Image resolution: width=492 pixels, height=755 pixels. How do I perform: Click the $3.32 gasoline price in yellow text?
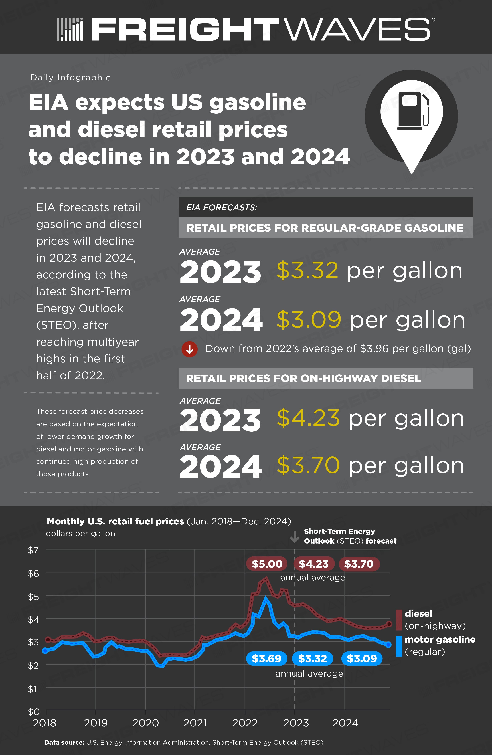click(x=307, y=271)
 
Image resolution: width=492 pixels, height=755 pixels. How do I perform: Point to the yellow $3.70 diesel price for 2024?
click(x=308, y=465)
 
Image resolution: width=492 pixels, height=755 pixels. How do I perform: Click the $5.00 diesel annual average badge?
click(x=267, y=564)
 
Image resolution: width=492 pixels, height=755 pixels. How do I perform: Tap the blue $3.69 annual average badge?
click(x=266, y=659)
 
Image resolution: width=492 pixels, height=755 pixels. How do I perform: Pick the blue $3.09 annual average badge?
click(x=362, y=659)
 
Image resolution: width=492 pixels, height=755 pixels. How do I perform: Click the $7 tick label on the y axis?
click(x=33, y=550)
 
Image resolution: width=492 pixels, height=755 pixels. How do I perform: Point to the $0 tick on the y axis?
click(x=34, y=712)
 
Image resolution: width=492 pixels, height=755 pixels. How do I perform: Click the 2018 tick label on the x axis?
click(x=44, y=723)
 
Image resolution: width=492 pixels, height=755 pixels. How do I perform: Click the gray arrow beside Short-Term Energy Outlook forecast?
click(x=295, y=536)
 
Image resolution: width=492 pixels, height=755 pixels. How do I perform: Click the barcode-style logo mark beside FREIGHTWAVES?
click(x=70, y=29)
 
